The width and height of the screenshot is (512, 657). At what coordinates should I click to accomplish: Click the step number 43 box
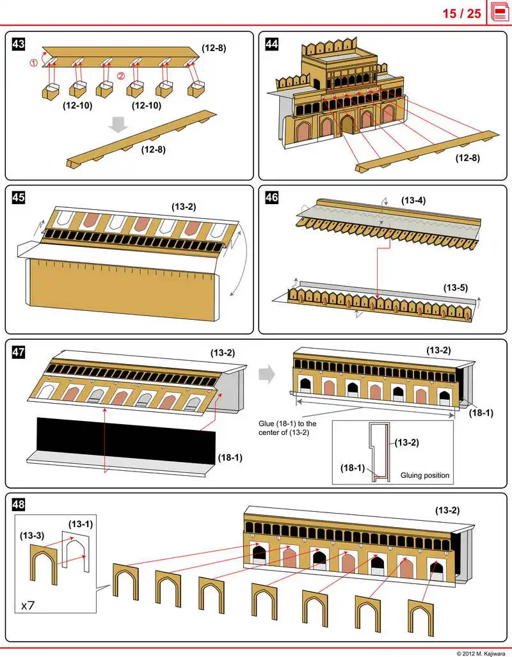(19, 44)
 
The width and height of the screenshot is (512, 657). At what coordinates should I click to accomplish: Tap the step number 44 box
(272, 44)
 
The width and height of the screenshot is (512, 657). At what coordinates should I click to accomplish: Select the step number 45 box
(19, 198)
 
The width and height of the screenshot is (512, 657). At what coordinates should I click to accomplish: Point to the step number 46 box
(272, 198)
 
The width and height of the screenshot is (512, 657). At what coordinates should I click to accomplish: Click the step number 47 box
(19, 351)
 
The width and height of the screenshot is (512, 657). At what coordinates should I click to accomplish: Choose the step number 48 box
(19, 505)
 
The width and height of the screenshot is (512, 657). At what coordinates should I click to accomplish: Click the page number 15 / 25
(461, 13)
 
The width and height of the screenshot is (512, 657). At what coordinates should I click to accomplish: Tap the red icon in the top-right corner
(500, 13)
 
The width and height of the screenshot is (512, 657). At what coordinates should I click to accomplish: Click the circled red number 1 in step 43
(34, 63)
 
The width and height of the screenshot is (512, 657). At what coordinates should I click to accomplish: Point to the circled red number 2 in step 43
(120, 75)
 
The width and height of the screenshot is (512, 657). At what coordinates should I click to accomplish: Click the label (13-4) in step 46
(413, 200)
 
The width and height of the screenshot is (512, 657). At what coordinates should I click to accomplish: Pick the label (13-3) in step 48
(32, 534)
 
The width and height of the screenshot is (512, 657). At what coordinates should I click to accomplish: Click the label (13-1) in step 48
(81, 524)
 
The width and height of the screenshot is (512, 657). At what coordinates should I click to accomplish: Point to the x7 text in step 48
(28, 605)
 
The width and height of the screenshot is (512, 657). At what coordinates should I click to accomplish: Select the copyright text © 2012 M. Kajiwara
(481, 653)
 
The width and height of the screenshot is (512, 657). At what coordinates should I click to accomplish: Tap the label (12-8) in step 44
(468, 157)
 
